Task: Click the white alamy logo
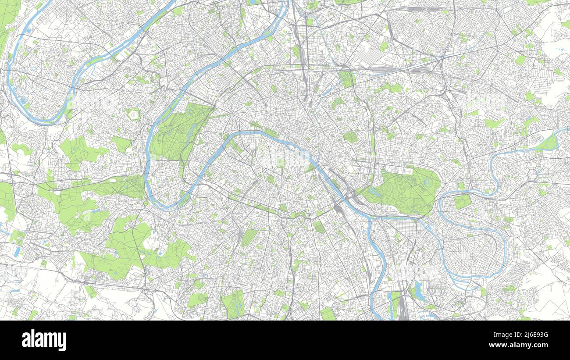click(44, 340)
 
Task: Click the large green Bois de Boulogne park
click(180, 132)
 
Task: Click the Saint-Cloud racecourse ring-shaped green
click(133, 114)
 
